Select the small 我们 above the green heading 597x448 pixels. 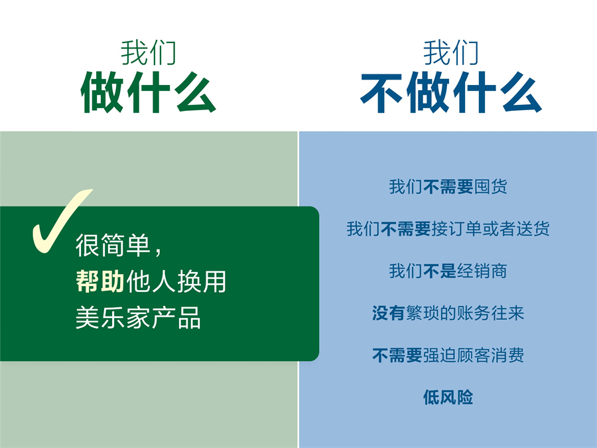[148, 52]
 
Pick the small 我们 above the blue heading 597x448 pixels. [450, 52]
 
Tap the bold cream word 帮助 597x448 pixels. [99, 282]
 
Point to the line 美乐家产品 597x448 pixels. [138, 318]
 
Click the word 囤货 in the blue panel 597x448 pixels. [491, 187]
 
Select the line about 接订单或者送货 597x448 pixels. [448, 229]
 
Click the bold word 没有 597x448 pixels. [389, 313]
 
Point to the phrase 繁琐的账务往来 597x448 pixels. [465, 313]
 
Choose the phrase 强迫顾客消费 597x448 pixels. [474, 355]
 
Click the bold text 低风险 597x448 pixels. [448, 398]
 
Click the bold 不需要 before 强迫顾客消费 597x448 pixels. [397, 355]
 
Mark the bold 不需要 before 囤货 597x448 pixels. [448, 187]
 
